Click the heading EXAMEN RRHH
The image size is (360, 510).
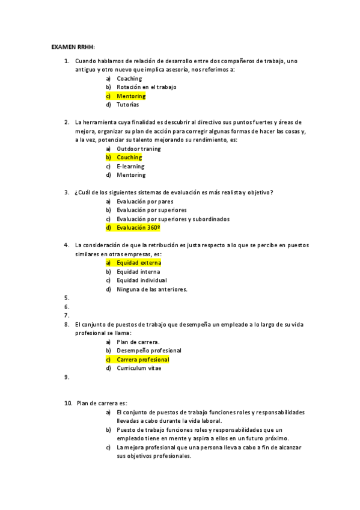point(73,46)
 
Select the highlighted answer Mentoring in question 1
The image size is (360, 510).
point(130,96)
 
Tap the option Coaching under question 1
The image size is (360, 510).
point(129,79)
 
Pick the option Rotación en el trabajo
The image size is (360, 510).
point(146,87)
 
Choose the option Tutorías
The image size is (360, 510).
point(127,105)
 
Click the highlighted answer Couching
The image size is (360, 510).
point(129,158)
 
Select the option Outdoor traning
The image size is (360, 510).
point(138,149)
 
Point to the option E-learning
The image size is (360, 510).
point(130,166)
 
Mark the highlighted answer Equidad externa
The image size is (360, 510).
point(139,263)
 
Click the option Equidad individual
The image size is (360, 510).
point(142,280)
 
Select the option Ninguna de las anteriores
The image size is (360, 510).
point(152,289)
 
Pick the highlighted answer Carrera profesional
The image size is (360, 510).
point(143,360)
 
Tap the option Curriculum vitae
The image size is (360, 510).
point(139,368)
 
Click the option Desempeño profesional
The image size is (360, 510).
point(148,351)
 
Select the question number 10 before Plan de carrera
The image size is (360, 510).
point(68,404)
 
